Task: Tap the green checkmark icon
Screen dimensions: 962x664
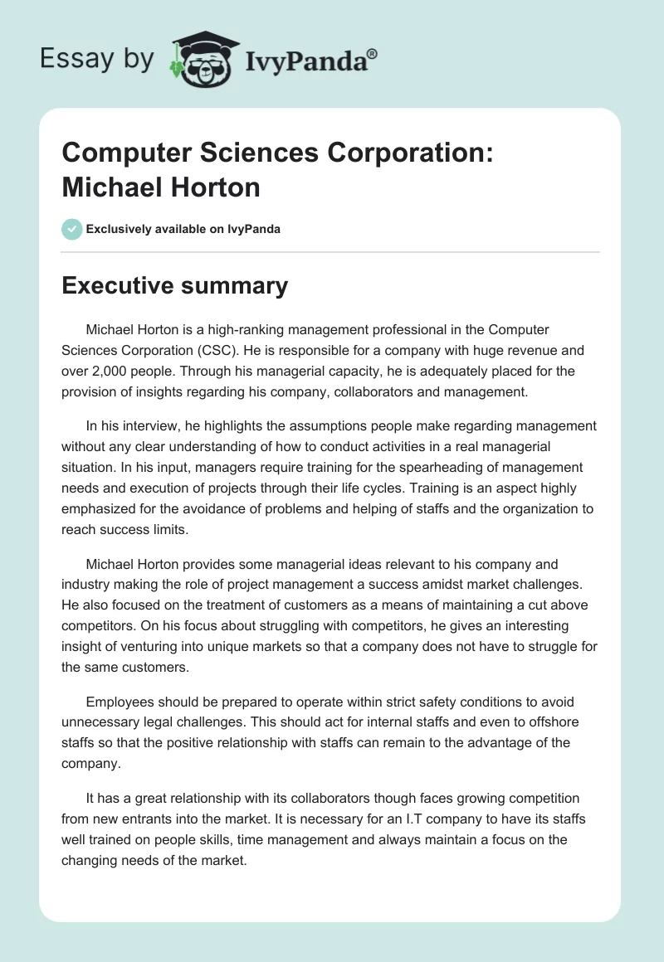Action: tap(72, 229)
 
